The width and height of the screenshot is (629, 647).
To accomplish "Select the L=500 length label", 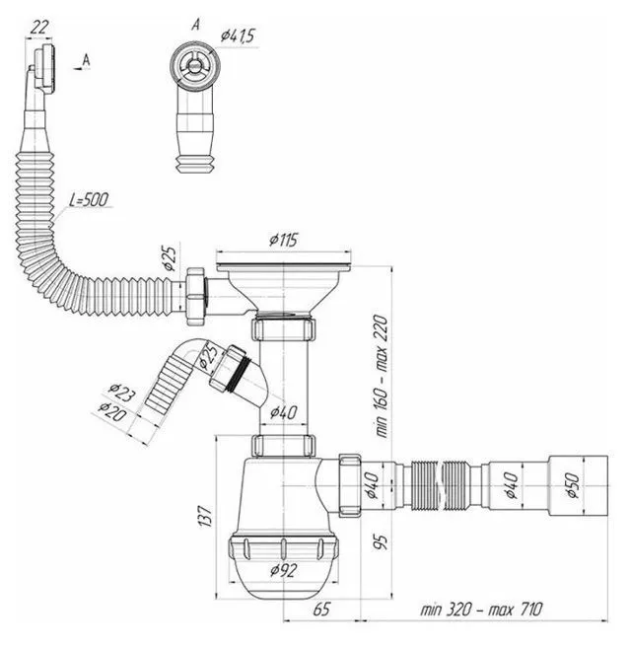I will (x=90, y=200).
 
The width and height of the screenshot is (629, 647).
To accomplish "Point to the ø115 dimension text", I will (x=284, y=240).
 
